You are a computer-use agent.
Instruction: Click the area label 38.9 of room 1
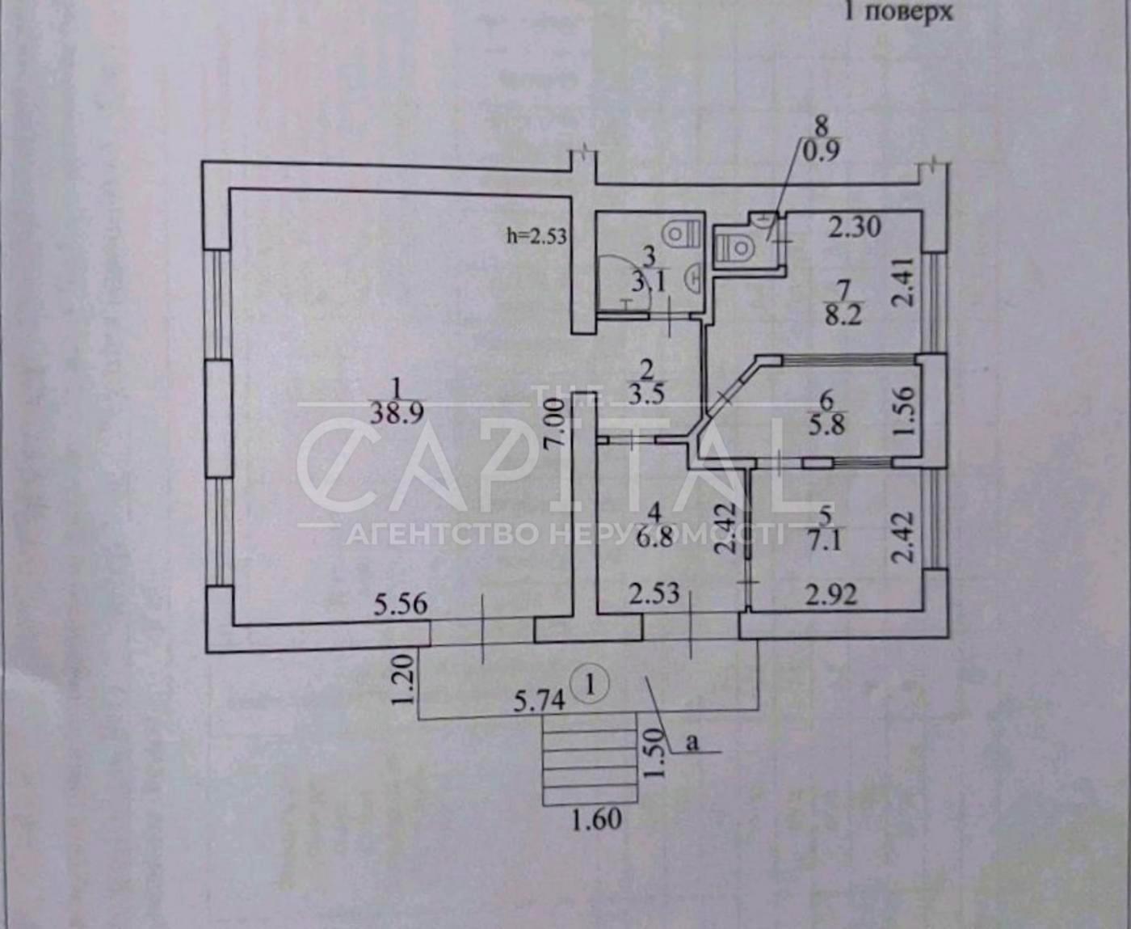pyautogui.click(x=397, y=414)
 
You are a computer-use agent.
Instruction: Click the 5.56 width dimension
pyautogui.click(x=401, y=604)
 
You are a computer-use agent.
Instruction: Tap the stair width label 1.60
pyautogui.click(x=597, y=820)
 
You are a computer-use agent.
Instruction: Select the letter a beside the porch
pyautogui.click(x=692, y=742)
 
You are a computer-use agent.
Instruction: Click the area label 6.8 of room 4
pyautogui.click(x=654, y=538)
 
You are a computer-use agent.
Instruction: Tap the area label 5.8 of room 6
pyautogui.click(x=826, y=424)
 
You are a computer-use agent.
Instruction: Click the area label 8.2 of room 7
pyautogui.click(x=843, y=315)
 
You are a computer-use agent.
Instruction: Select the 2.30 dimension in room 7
pyautogui.click(x=856, y=226)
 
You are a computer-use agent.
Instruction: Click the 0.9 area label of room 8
pyautogui.click(x=822, y=150)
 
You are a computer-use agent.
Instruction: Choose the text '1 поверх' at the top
pyautogui.click(x=898, y=12)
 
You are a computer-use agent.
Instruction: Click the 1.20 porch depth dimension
pyautogui.click(x=405, y=679)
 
